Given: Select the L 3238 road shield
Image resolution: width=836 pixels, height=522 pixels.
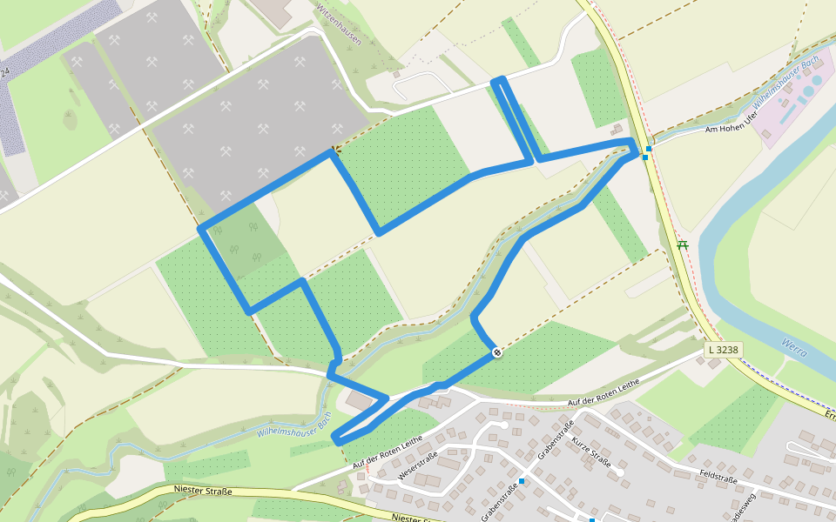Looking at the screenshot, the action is tap(723, 350).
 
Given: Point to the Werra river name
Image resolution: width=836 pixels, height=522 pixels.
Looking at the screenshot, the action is tap(793, 347).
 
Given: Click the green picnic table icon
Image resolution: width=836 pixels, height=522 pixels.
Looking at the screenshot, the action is tap(683, 245).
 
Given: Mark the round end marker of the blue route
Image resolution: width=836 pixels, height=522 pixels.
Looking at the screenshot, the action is tap(496, 352).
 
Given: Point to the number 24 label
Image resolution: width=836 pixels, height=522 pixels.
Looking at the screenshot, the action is tap(4, 72).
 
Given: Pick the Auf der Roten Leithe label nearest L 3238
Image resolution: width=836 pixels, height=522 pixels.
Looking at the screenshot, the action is tap(603, 392).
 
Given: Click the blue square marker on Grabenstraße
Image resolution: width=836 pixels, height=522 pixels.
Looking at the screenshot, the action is tap(522, 480).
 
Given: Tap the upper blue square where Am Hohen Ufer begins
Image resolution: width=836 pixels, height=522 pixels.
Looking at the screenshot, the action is tap(649, 149).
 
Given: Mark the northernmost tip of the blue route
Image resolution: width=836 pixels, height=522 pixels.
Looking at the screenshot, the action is tap(498, 81).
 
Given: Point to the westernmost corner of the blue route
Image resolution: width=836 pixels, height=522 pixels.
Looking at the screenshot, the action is tap(201, 229).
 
